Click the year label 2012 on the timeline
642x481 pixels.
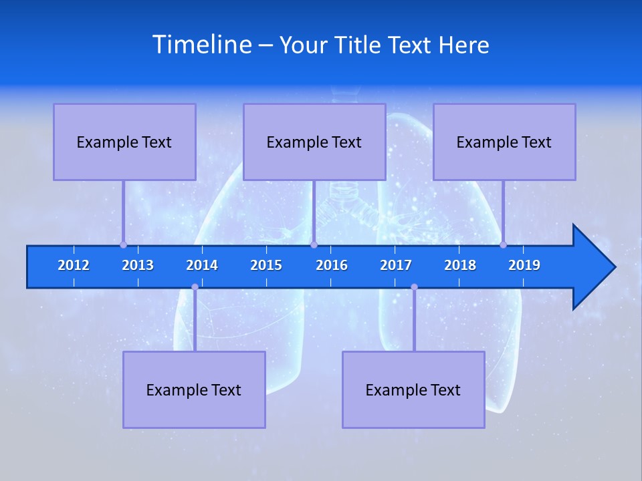(x=74, y=265)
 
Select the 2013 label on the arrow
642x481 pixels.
(x=138, y=265)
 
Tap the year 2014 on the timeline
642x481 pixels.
(x=202, y=265)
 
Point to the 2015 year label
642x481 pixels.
(x=266, y=265)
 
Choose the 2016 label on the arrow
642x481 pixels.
(x=332, y=265)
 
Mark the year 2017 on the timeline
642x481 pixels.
(x=396, y=265)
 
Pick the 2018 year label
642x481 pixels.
(x=460, y=265)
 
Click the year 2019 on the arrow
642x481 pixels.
(x=524, y=265)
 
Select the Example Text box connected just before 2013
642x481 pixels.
(x=124, y=142)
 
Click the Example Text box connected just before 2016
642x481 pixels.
(x=314, y=142)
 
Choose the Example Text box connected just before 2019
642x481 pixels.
(x=504, y=142)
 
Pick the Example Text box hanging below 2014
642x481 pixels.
(x=194, y=389)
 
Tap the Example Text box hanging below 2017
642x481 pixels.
(x=413, y=389)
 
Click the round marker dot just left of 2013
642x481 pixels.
(x=124, y=245)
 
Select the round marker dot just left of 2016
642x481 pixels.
(x=314, y=245)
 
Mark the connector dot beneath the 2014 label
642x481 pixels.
(x=195, y=287)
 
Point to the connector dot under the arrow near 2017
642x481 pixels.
(x=414, y=287)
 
